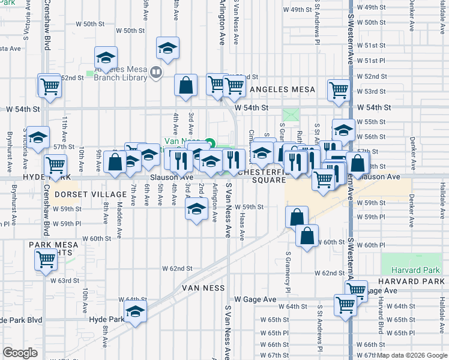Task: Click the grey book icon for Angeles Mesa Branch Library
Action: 156,73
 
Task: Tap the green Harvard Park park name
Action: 408,271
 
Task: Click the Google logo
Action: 20,353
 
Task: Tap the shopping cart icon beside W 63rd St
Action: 46,260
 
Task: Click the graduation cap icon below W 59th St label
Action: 195,210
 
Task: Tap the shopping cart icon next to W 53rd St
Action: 339,90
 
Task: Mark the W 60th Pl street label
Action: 374,245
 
